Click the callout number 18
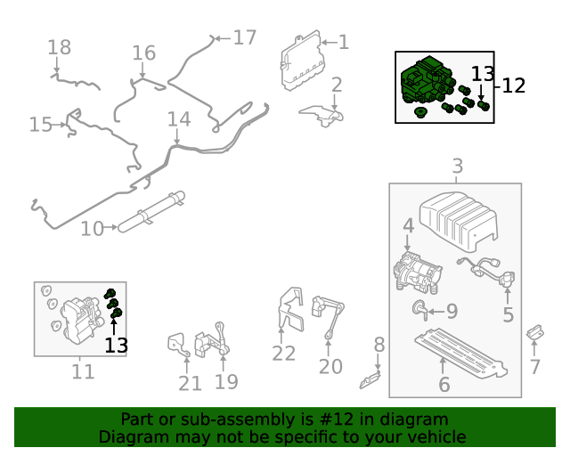click(59, 47)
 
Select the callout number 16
click(144, 53)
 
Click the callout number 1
click(343, 41)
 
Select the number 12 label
click(514, 85)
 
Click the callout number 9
click(452, 311)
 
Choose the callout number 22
click(283, 354)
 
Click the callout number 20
click(330, 366)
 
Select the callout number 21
click(190, 383)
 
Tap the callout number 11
click(83, 370)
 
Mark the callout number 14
click(179, 119)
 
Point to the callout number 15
click(41, 124)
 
